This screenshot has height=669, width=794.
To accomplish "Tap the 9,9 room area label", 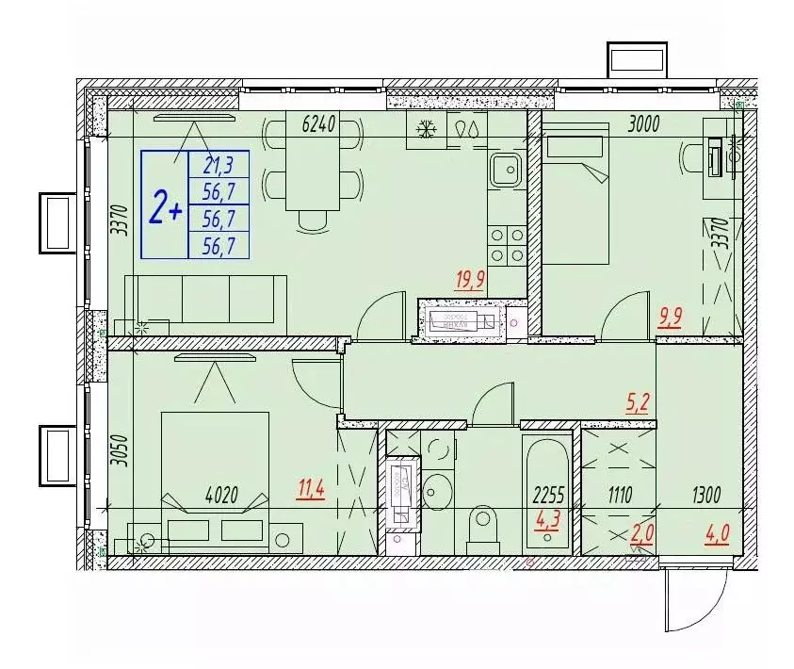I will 671,317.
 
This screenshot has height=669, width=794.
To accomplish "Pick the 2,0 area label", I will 641,534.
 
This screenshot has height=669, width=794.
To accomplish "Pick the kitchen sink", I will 505,170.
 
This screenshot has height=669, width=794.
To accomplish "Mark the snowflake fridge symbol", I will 425,129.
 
